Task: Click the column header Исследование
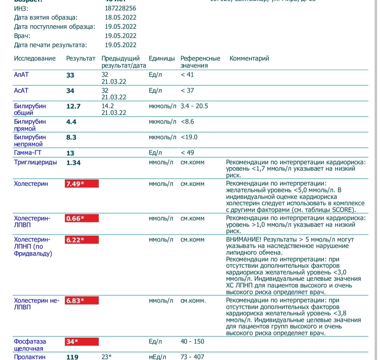click(x=35, y=59)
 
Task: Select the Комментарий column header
click(x=249, y=59)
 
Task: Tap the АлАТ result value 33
click(x=70, y=75)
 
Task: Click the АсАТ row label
click(x=21, y=91)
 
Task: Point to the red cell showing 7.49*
click(x=82, y=184)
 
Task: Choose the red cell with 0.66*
click(x=82, y=218)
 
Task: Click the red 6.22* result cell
click(x=82, y=240)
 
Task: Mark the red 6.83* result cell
click(x=82, y=301)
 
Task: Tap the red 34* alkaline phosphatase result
click(x=82, y=342)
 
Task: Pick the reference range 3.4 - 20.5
click(x=194, y=106)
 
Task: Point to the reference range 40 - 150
click(x=192, y=341)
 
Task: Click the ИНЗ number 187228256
click(x=120, y=8)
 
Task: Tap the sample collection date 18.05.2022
click(x=120, y=17)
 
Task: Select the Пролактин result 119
click(x=72, y=357)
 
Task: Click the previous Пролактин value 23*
click(x=107, y=357)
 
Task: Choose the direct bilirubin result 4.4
click(x=71, y=122)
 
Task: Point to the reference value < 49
click(x=187, y=153)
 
